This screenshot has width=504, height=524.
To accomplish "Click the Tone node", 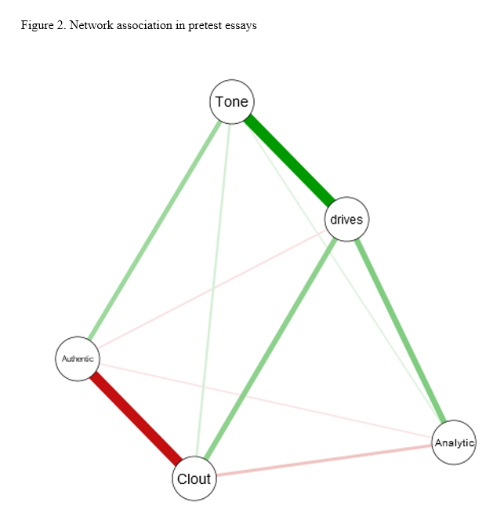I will [x=231, y=102].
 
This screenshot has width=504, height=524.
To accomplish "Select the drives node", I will [x=346, y=219].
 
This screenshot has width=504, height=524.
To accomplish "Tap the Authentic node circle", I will [x=78, y=358].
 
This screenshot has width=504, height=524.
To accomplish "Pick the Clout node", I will [x=194, y=478].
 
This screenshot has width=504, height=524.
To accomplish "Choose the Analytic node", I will [x=454, y=442].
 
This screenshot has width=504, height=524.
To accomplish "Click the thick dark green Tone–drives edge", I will [x=290, y=161].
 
